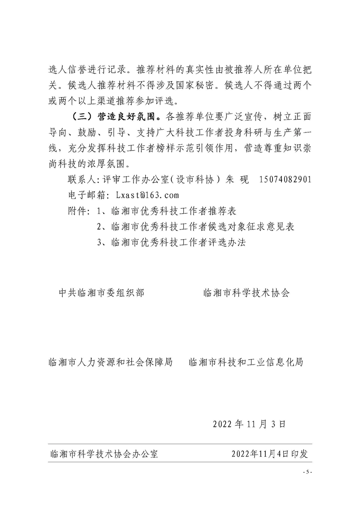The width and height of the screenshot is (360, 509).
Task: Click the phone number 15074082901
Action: tap(285, 180)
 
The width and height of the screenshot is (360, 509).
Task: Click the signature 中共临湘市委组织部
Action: tap(102, 293)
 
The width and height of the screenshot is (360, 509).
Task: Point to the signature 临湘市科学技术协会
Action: tap(247, 293)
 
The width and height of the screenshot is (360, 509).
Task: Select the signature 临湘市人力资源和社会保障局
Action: tap(111, 362)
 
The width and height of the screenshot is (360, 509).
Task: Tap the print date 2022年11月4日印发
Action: tap(270, 454)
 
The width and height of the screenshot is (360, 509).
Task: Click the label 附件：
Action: tap(79, 211)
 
